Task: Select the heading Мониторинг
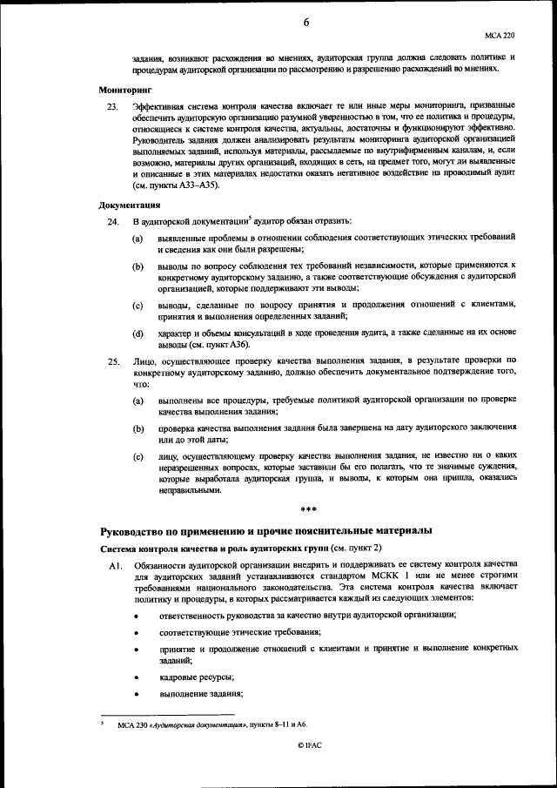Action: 124,89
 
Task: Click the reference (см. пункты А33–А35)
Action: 183,185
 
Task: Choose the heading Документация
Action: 129,205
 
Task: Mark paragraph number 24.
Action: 111,222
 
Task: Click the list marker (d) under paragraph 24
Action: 138,333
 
